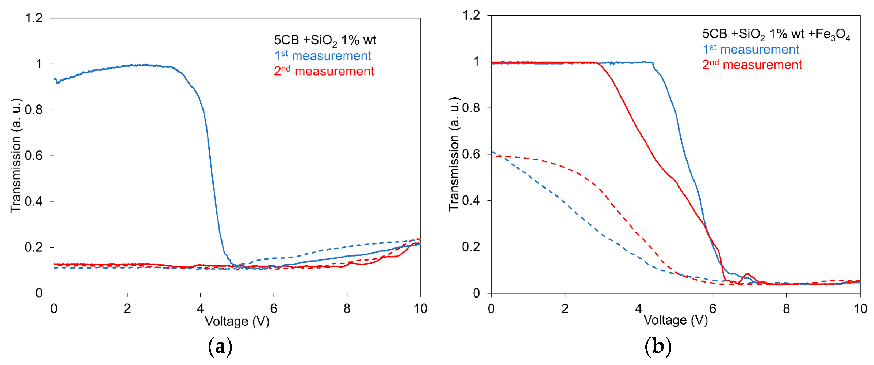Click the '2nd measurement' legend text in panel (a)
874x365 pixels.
click(x=324, y=71)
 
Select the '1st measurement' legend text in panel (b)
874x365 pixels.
click(x=751, y=50)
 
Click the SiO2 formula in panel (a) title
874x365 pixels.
click(x=323, y=40)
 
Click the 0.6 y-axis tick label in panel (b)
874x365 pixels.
click(x=471, y=154)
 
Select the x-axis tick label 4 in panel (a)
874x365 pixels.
click(x=200, y=308)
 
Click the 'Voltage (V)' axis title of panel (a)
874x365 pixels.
click(x=237, y=321)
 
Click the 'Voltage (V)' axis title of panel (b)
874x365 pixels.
click(x=676, y=320)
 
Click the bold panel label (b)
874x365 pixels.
click(x=658, y=347)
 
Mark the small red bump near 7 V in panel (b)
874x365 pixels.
click(x=746, y=274)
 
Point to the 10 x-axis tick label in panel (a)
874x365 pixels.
click(x=420, y=308)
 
